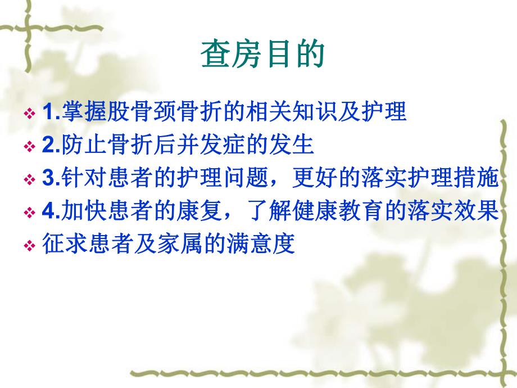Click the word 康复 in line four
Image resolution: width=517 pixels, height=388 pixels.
click(186, 212)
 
